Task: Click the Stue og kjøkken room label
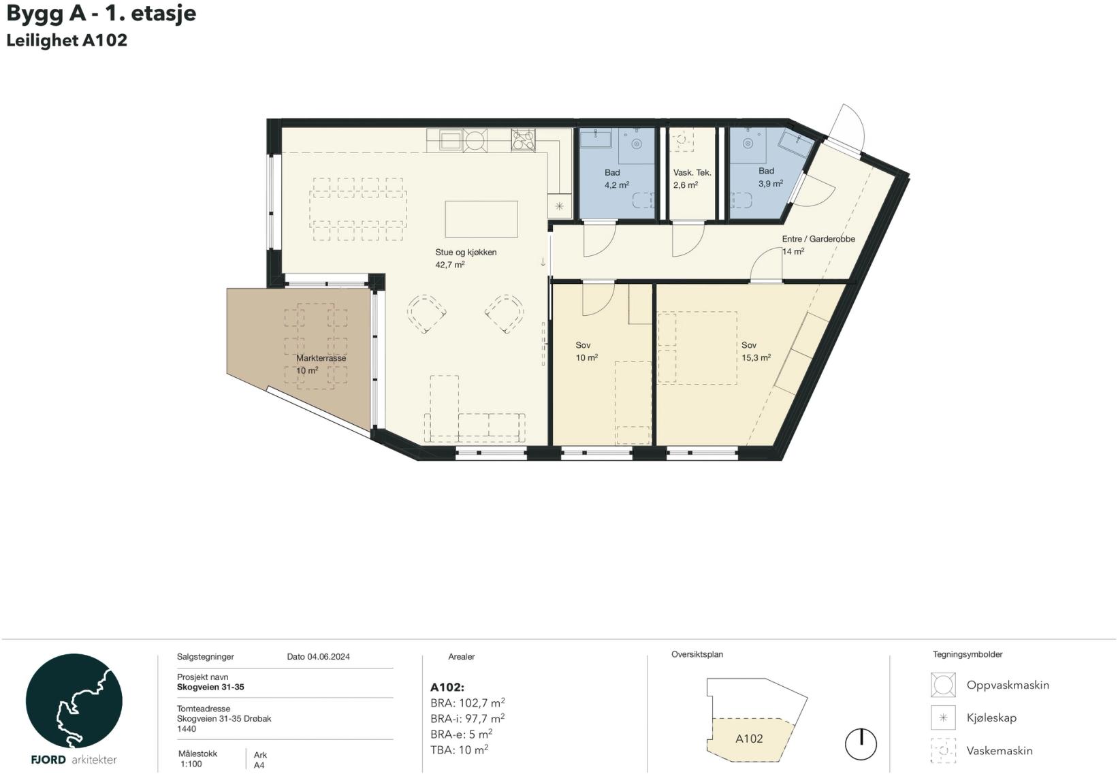pyautogui.click(x=466, y=253)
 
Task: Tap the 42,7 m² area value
pyautogui.click(x=449, y=265)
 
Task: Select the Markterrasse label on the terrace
pyautogui.click(x=321, y=358)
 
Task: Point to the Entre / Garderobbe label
pyautogui.click(x=818, y=239)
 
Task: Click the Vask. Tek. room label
pyautogui.click(x=692, y=173)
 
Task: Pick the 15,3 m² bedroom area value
pyautogui.click(x=756, y=357)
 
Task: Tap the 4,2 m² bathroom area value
pyautogui.click(x=617, y=184)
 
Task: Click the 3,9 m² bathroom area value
pyautogui.click(x=771, y=183)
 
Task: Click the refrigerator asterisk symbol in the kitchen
pyautogui.click(x=560, y=206)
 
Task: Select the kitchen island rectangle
pyautogui.click(x=481, y=219)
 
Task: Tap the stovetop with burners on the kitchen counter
pyautogui.click(x=523, y=140)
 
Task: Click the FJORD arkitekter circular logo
pyautogui.click(x=74, y=700)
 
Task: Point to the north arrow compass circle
pyautogui.click(x=861, y=744)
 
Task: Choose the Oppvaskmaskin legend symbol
pyautogui.click(x=943, y=685)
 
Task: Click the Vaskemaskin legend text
pyautogui.click(x=1000, y=751)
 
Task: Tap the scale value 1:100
pyautogui.click(x=191, y=764)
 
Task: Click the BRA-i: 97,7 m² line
pyautogui.click(x=468, y=719)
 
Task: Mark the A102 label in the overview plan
pyautogui.click(x=749, y=739)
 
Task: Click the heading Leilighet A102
pyautogui.click(x=67, y=40)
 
